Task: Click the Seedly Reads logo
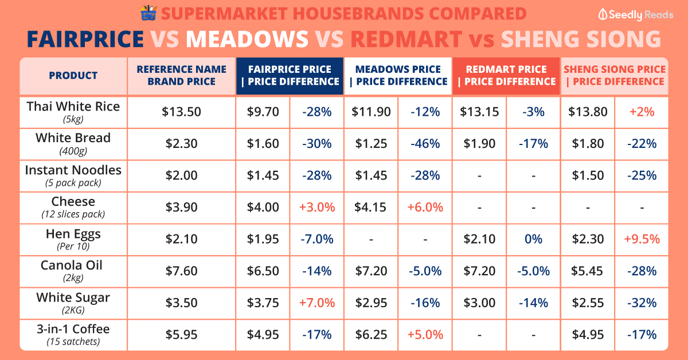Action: [x=635, y=15]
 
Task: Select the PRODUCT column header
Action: [x=73, y=75]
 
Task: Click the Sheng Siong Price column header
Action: [x=614, y=75]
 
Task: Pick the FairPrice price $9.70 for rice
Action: [x=263, y=112]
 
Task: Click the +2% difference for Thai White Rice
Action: [x=641, y=112]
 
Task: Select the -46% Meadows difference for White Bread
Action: [x=425, y=144]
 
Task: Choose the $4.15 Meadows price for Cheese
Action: [x=372, y=207]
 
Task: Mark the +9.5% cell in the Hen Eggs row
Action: [x=641, y=239]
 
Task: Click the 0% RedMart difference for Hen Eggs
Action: [x=533, y=239]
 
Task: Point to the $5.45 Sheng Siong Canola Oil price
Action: [x=588, y=271]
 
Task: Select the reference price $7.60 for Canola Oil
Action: [x=181, y=271]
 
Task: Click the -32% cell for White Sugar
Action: [x=641, y=303]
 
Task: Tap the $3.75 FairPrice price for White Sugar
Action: [x=263, y=303]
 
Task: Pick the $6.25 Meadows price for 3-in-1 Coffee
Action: [x=372, y=334]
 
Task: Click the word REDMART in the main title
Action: [x=406, y=38]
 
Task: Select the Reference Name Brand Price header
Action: [x=181, y=75]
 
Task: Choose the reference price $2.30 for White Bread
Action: [x=181, y=144]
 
